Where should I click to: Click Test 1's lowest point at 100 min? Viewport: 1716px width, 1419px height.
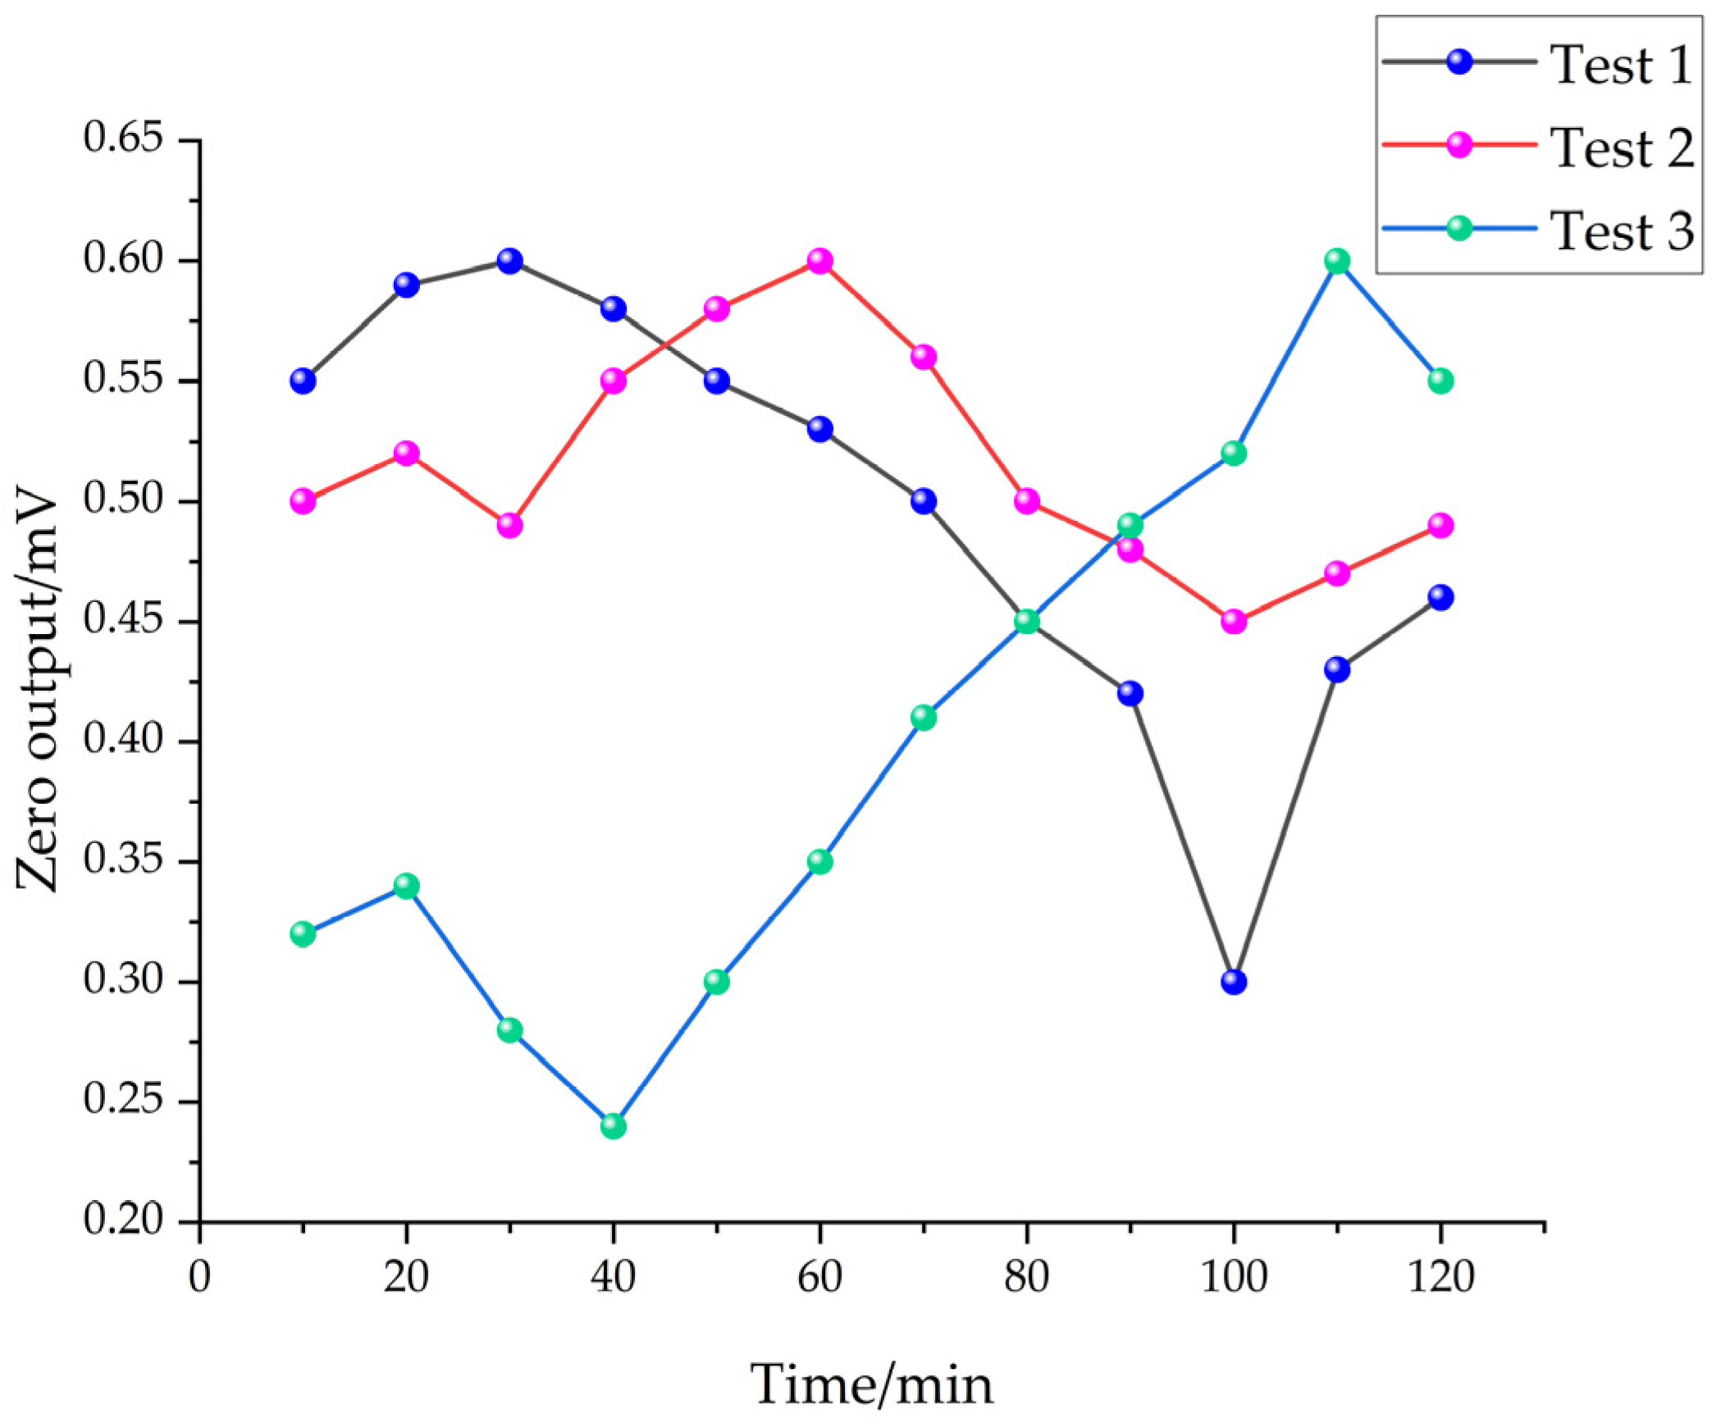coord(1233,982)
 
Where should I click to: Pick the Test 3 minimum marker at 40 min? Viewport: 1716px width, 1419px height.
coord(613,1126)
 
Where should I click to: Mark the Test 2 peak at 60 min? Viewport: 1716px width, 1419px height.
coord(819,261)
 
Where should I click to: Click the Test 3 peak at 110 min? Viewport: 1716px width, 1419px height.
coord(1337,261)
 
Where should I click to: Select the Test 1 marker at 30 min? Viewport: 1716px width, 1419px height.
coord(509,261)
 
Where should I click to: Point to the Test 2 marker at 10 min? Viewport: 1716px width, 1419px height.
coord(303,501)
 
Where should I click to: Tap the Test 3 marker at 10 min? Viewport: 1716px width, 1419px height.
coord(303,934)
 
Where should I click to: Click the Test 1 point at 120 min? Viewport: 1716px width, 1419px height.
coord(1440,597)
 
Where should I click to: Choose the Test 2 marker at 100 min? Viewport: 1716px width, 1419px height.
coord(1233,622)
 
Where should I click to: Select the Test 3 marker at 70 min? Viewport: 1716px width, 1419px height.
coord(923,718)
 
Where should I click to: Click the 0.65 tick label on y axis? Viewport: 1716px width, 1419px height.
coord(123,138)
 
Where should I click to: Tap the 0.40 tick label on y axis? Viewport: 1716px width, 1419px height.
coord(123,740)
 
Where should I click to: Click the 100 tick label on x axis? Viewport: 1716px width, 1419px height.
coord(1233,1277)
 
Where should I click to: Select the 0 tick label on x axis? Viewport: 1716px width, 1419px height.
coord(199,1277)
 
